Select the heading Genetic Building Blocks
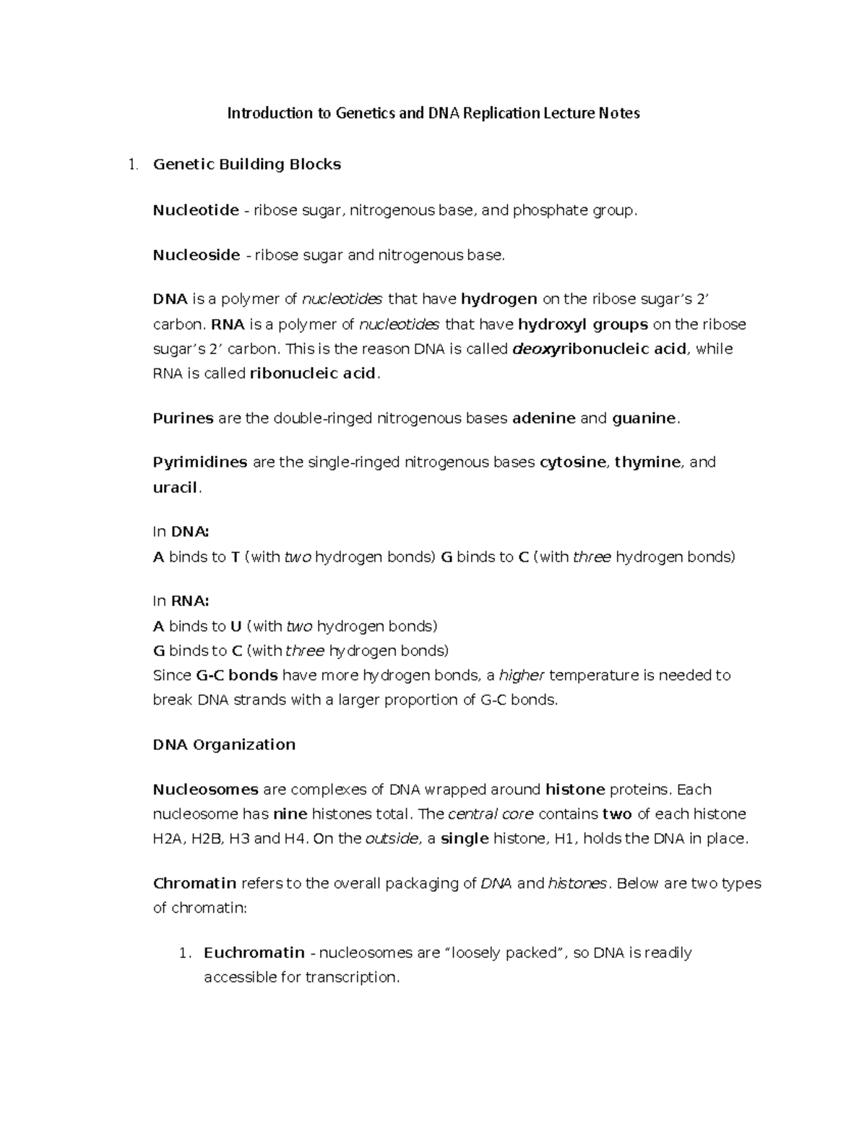(247, 165)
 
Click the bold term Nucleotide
(196, 210)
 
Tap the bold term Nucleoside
(197, 255)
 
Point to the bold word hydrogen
(499, 299)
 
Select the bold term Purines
(184, 418)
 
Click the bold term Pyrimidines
(200, 462)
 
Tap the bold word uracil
(175, 488)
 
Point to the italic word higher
(522, 676)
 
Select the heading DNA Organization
(224, 745)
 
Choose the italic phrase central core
(491, 814)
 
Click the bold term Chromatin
(195, 884)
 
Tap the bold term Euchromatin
(254, 953)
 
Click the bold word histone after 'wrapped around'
(575, 790)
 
